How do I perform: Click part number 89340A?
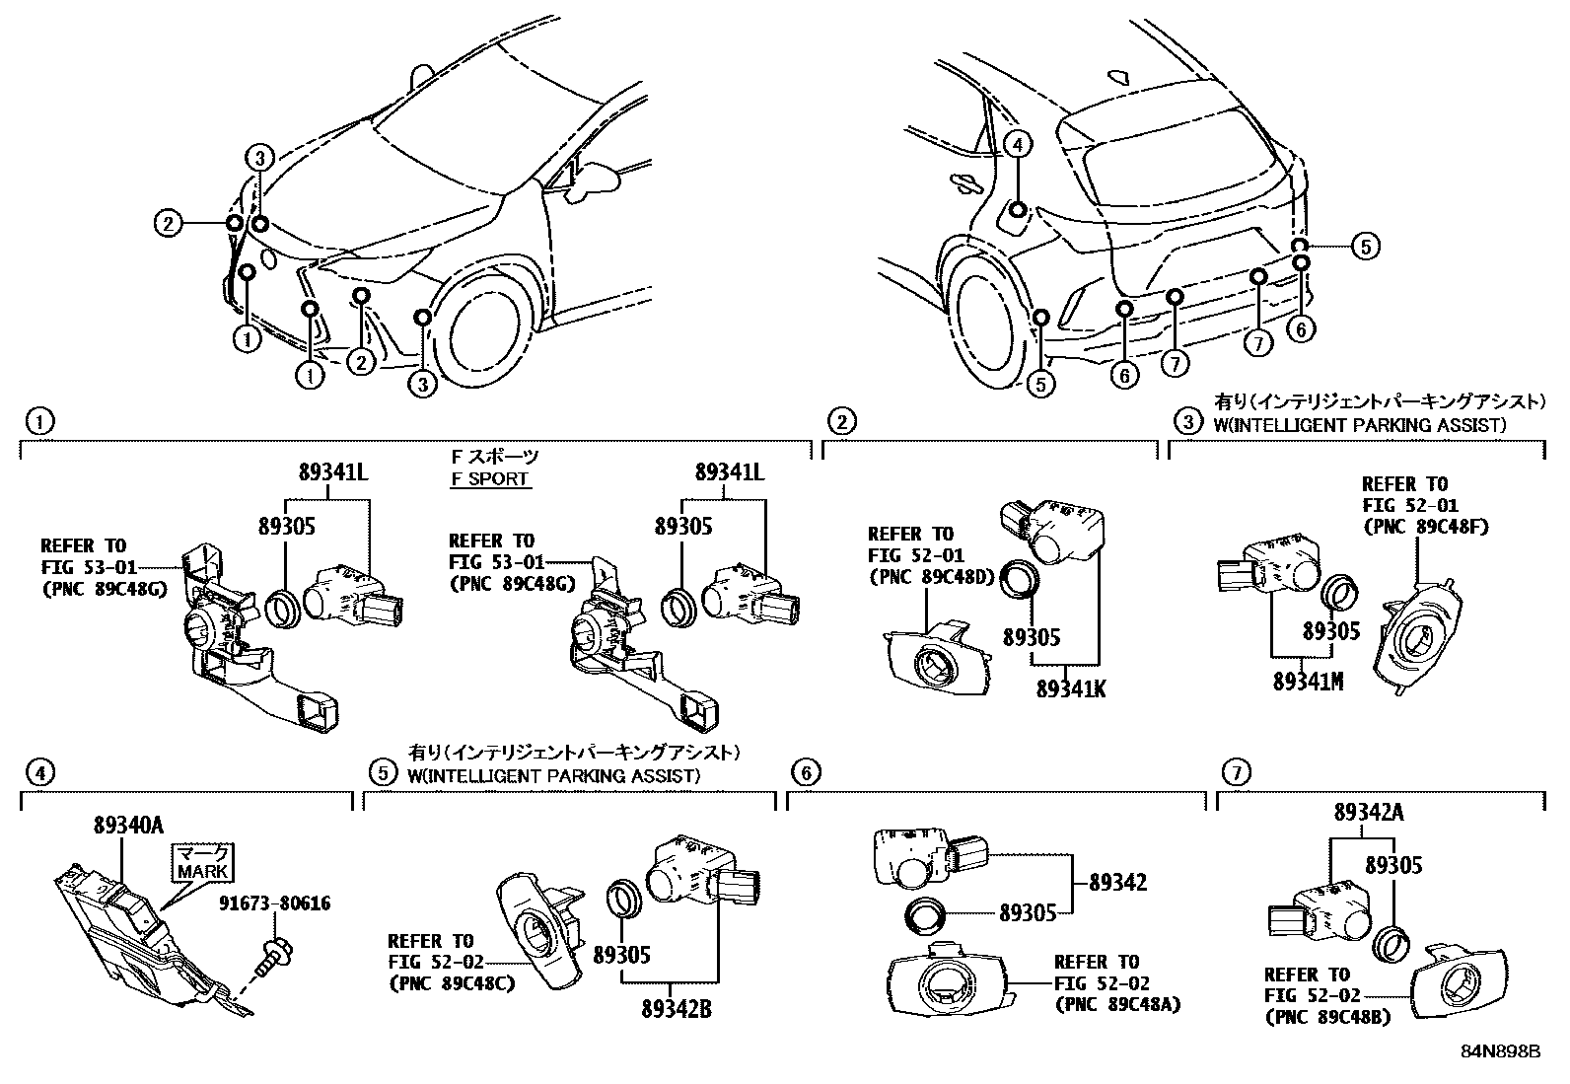coord(128,824)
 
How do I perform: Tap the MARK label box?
coord(203,861)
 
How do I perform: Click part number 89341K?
coord(1070,687)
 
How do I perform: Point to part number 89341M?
coord(1308,681)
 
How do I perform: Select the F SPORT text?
coord(490,479)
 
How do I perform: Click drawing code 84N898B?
coord(1500,1050)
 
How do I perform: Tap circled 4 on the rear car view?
coord(1019,145)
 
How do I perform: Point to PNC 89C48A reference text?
coord(1117,1005)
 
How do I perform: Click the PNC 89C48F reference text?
coord(1424,527)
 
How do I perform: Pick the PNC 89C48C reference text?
coord(451,983)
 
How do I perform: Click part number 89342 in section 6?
coord(1118,883)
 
